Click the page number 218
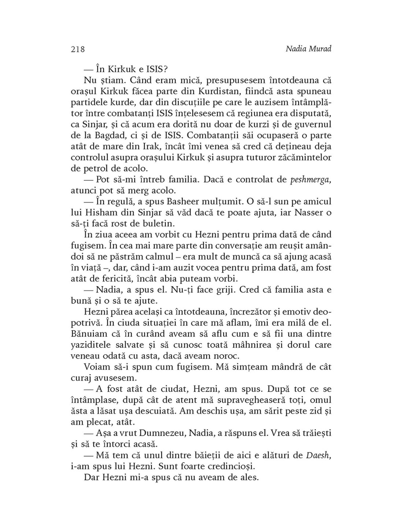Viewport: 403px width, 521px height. tap(78, 49)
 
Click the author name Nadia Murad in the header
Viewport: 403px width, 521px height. tap(308, 49)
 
